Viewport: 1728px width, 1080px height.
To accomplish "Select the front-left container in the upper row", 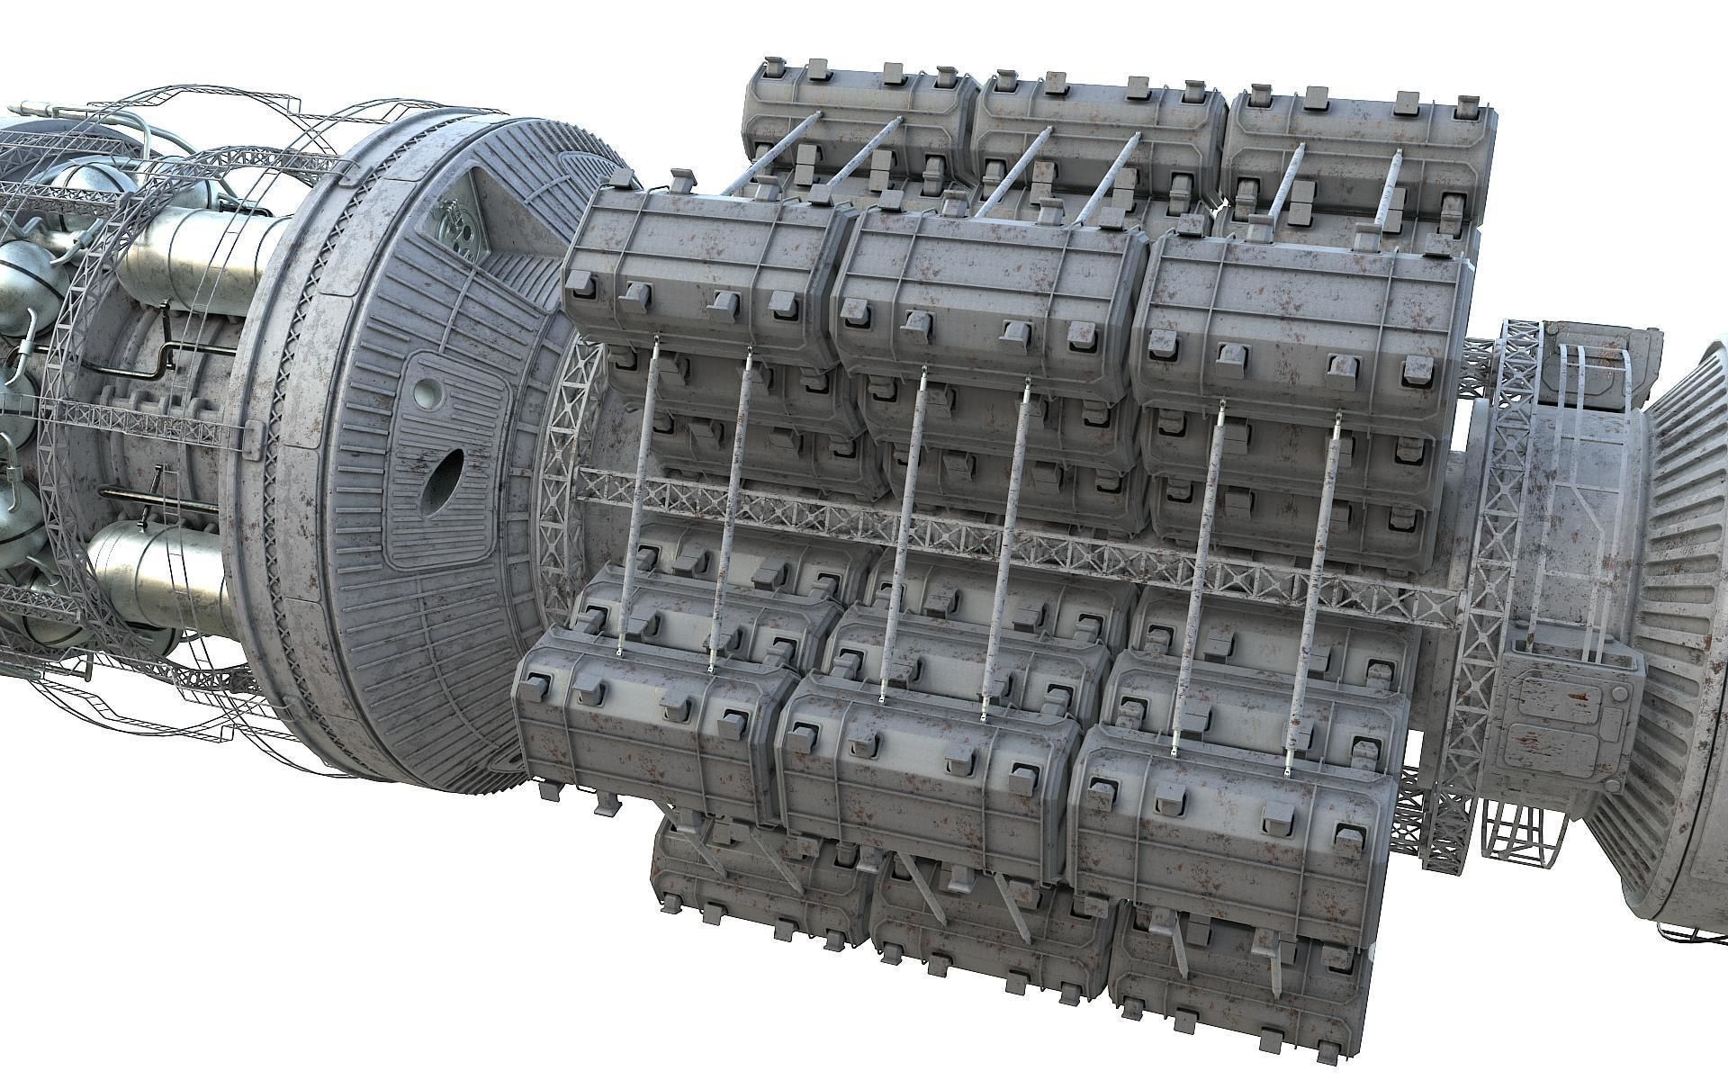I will point(697,270).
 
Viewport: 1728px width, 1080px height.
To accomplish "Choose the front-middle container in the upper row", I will point(981,288).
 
